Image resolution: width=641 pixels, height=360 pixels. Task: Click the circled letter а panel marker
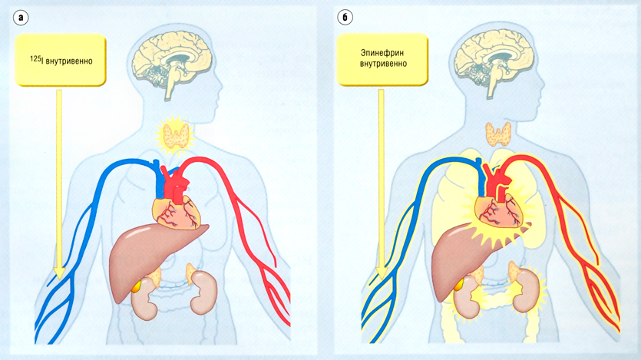click(21, 17)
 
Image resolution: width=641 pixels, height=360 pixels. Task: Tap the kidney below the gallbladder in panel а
click(144, 303)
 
